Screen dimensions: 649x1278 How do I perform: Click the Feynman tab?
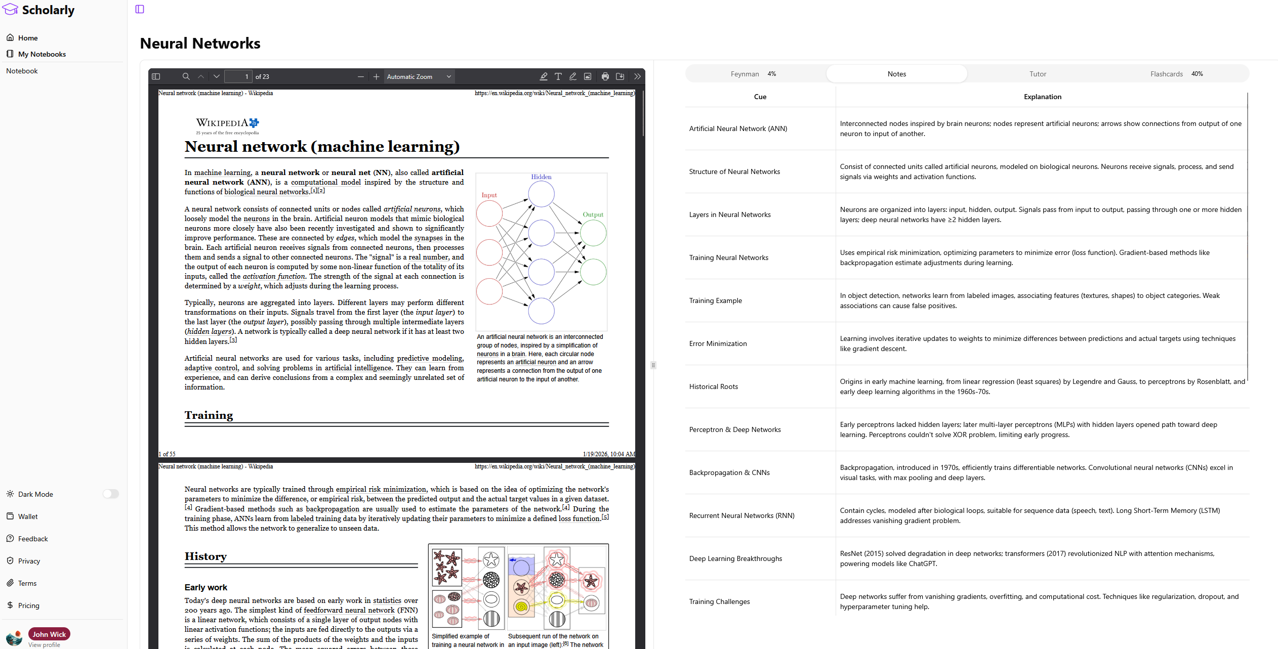click(x=753, y=74)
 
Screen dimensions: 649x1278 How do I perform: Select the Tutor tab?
click(x=1037, y=74)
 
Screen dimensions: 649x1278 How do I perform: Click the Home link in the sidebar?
click(x=28, y=38)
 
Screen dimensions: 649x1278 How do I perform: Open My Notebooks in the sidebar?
click(x=42, y=54)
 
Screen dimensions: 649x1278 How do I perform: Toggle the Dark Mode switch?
click(x=110, y=494)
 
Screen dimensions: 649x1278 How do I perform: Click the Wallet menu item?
click(x=28, y=516)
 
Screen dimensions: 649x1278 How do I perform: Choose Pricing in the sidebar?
click(x=28, y=605)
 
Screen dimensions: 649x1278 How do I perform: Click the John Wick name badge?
click(x=49, y=634)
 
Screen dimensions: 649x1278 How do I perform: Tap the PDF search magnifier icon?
click(x=186, y=76)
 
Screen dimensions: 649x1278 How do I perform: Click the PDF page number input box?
click(x=238, y=76)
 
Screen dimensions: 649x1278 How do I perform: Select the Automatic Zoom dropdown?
click(x=418, y=76)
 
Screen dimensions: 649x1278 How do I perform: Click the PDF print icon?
click(x=605, y=76)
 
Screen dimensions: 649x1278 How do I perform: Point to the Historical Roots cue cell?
click(x=713, y=386)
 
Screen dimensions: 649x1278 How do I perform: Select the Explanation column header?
click(x=1042, y=97)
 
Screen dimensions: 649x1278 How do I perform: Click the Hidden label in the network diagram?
click(x=541, y=177)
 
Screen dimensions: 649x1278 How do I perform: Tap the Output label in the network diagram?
click(x=593, y=214)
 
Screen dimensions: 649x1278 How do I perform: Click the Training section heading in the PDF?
click(x=209, y=415)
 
